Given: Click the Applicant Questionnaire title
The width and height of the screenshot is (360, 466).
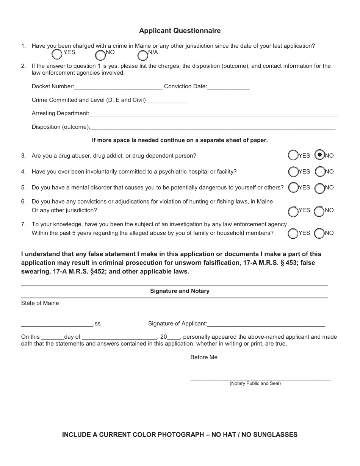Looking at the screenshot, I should click(x=180, y=31).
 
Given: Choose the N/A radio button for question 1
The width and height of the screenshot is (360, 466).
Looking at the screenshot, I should click(x=143, y=55).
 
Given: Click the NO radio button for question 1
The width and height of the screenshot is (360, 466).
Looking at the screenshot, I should click(x=100, y=55).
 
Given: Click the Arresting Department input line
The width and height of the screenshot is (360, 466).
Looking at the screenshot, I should click(x=213, y=114).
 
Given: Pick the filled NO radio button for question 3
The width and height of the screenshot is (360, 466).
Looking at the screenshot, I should click(x=320, y=155).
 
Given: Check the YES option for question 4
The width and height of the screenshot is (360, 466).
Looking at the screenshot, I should click(x=293, y=172).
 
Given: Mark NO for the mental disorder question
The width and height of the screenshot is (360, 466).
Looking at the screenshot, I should click(x=320, y=188).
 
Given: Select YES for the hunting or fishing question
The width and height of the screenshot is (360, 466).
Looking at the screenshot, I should click(x=293, y=211).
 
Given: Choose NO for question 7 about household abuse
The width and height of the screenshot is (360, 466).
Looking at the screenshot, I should click(x=320, y=233).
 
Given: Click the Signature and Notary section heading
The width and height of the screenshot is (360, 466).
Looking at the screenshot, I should click(x=180, y=291).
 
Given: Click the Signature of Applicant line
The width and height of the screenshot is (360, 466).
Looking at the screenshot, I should click(x=266, y=324).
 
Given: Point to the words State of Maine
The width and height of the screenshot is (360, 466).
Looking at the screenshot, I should click(x=40, y=303).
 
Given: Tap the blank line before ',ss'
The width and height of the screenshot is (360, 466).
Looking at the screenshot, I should click(x=57, y=324).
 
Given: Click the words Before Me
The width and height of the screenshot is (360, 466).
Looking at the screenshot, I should click(x=204, y=357).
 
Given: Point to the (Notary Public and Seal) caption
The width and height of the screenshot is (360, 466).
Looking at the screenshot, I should click(x=255, y=383).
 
